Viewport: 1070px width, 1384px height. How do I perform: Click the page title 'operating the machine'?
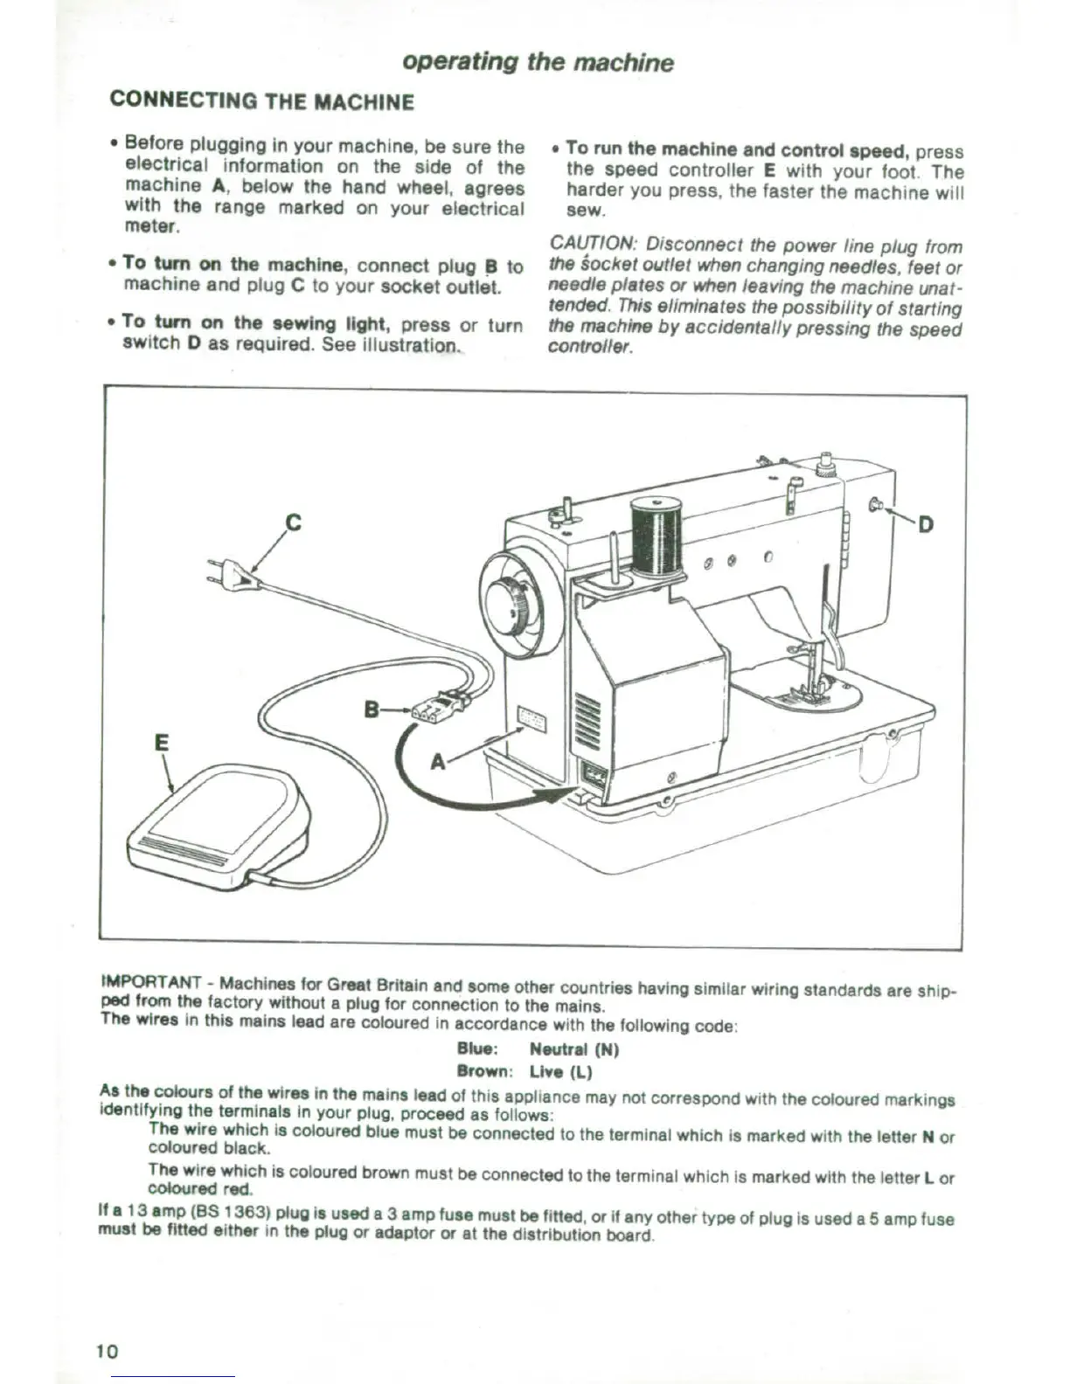[x=538, y=62]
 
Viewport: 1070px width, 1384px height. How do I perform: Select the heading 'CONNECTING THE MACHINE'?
[x=261, y=101]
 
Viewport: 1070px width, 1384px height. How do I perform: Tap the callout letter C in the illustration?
[x=294, y=522]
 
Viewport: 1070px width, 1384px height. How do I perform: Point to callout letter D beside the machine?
[x=925, y=524]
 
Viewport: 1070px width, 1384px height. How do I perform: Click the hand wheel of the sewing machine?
[x=508, y=605]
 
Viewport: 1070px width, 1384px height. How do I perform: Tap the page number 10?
[x=107, y=1351]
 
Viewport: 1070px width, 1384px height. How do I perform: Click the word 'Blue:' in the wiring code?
[x=477, y=1048]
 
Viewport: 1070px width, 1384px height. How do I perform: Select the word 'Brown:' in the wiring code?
[x=483, y=1071]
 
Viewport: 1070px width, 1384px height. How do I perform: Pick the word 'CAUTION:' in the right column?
[x=594, y=245]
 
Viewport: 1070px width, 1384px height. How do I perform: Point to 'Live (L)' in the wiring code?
[x=560, y=1071]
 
